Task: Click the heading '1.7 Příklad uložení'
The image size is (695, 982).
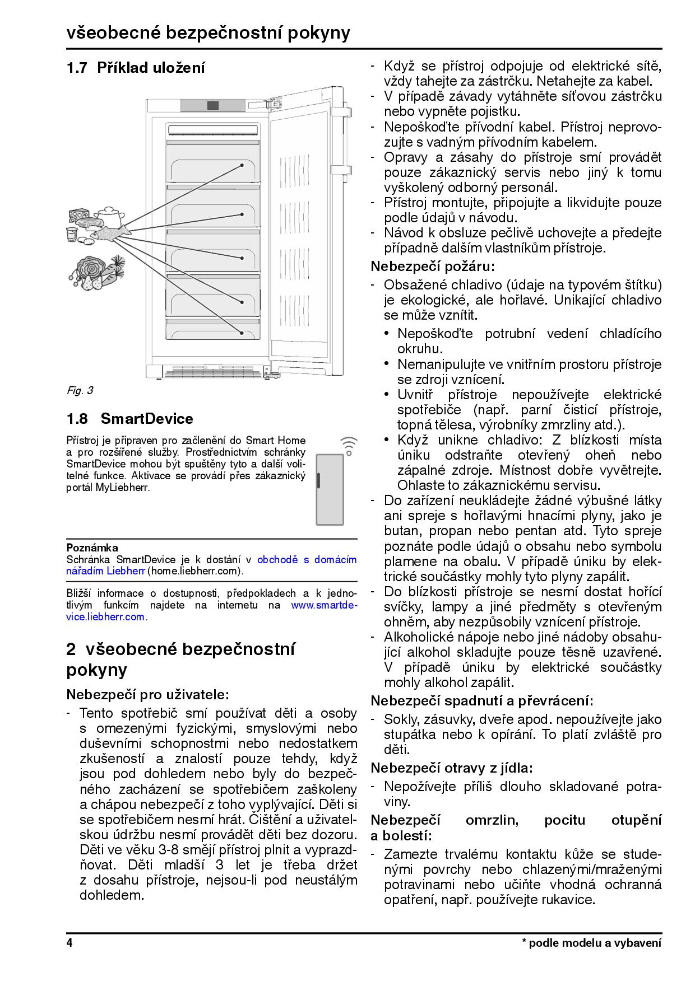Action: [x=136, y=68]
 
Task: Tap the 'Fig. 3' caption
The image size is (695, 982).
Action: [x=80, y=391]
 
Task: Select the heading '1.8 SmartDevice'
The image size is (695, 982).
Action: [x=129, y=419]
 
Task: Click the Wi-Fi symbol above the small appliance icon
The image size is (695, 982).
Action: [x=348, y=445]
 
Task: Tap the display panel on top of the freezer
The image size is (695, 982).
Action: [x=213, y=105]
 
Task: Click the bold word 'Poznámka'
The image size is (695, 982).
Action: [x=92, y=548]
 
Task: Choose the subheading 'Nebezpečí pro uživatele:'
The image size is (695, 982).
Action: [x=148, y=695]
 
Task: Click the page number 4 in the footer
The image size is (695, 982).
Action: [x=69, y=943]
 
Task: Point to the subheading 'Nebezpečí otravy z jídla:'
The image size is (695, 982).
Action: [x=452, y=768]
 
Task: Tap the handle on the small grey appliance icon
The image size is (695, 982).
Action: [x=318, y=480]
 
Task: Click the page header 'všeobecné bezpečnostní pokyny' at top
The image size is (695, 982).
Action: [x=208, y=32]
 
